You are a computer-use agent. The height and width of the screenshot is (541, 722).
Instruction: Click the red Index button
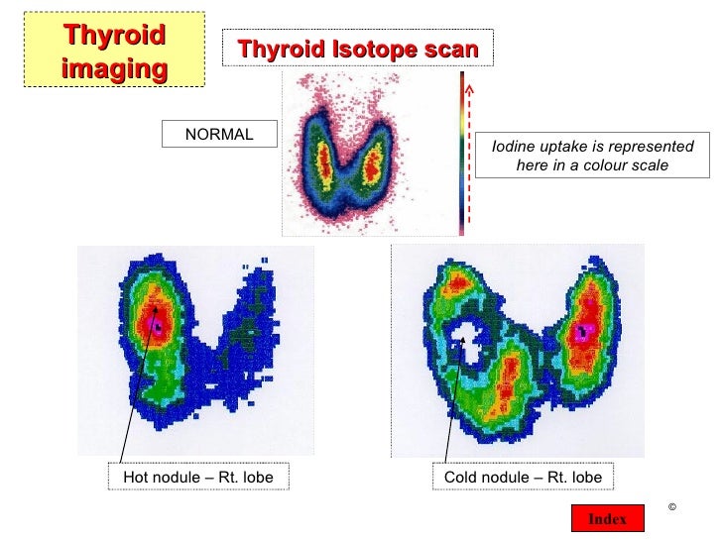click(607, 519)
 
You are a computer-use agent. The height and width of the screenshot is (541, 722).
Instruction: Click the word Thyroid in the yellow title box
click(114, 35)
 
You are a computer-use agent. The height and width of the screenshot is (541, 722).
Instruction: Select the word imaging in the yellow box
click(114, 68)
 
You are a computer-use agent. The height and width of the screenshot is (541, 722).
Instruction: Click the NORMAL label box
click(219, 134)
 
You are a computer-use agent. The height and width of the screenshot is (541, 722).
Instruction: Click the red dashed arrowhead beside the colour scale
click(470, 86)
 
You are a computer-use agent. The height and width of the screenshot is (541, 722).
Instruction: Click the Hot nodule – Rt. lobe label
click(198, 478)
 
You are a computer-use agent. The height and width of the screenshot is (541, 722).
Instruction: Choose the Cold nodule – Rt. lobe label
click(523, 478)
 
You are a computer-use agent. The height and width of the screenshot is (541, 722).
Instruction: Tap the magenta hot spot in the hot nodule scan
click(155, 324)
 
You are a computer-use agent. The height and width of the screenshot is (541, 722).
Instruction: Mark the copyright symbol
click(671, 508)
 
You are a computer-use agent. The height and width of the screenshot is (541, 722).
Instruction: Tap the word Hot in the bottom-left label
click(137, 478)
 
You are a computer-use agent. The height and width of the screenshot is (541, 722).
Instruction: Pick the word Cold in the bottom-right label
click(461, 478)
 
